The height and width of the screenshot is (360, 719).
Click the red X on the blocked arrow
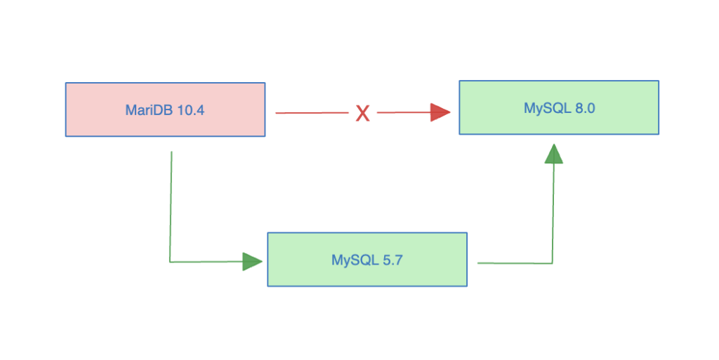pyautogui.click(x=362, y=113)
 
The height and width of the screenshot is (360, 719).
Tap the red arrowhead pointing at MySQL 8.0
pyautogui.click(x=440, y=112)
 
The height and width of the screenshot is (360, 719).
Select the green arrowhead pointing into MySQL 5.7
pyautogui.click(x=252, y=262)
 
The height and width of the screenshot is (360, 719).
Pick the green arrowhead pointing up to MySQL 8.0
pyautogui.click(x=554, y=154)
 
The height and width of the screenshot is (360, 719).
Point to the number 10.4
pyautogui.click(x=189, y=109)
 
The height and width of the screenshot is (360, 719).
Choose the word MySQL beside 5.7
pyautogui.click(x=351, y=260)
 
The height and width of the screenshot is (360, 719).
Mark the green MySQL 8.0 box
pyautogui.click(x=559, y=122)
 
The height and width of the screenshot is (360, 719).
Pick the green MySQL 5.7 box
pyautogui.click(x=367, y=274)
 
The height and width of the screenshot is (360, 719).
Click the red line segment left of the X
pyautogui.click(x=312, y=113)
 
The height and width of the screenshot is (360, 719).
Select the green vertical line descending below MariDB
pyautogui.click(x=171, y=204)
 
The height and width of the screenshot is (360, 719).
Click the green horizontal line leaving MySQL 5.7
pyautogui.click(x=513, y=263)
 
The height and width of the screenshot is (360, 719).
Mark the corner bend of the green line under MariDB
pyautogui.click(x=170, y=262)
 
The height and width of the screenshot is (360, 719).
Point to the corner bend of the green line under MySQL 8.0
pyautogui.click(x=553, y=263)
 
